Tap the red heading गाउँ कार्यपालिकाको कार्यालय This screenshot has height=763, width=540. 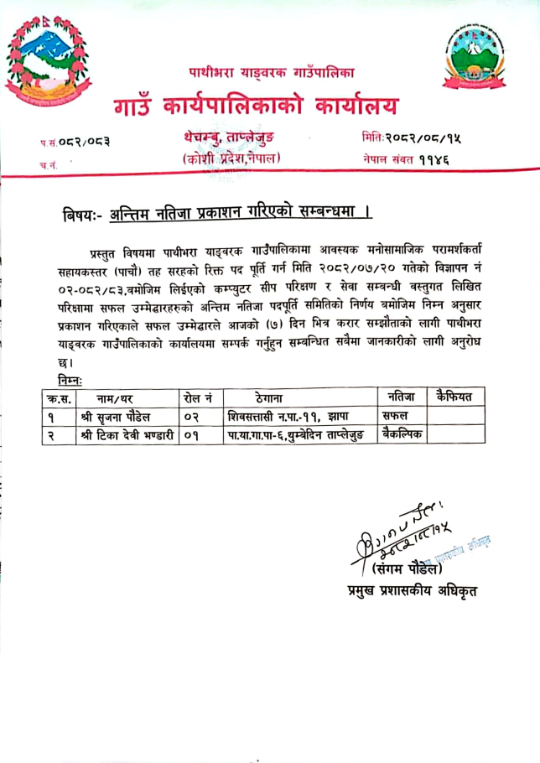256,106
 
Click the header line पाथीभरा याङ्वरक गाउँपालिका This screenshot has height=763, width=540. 271,73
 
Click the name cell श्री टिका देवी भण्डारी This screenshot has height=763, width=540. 126,434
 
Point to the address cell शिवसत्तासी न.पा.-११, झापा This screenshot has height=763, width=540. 288,415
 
